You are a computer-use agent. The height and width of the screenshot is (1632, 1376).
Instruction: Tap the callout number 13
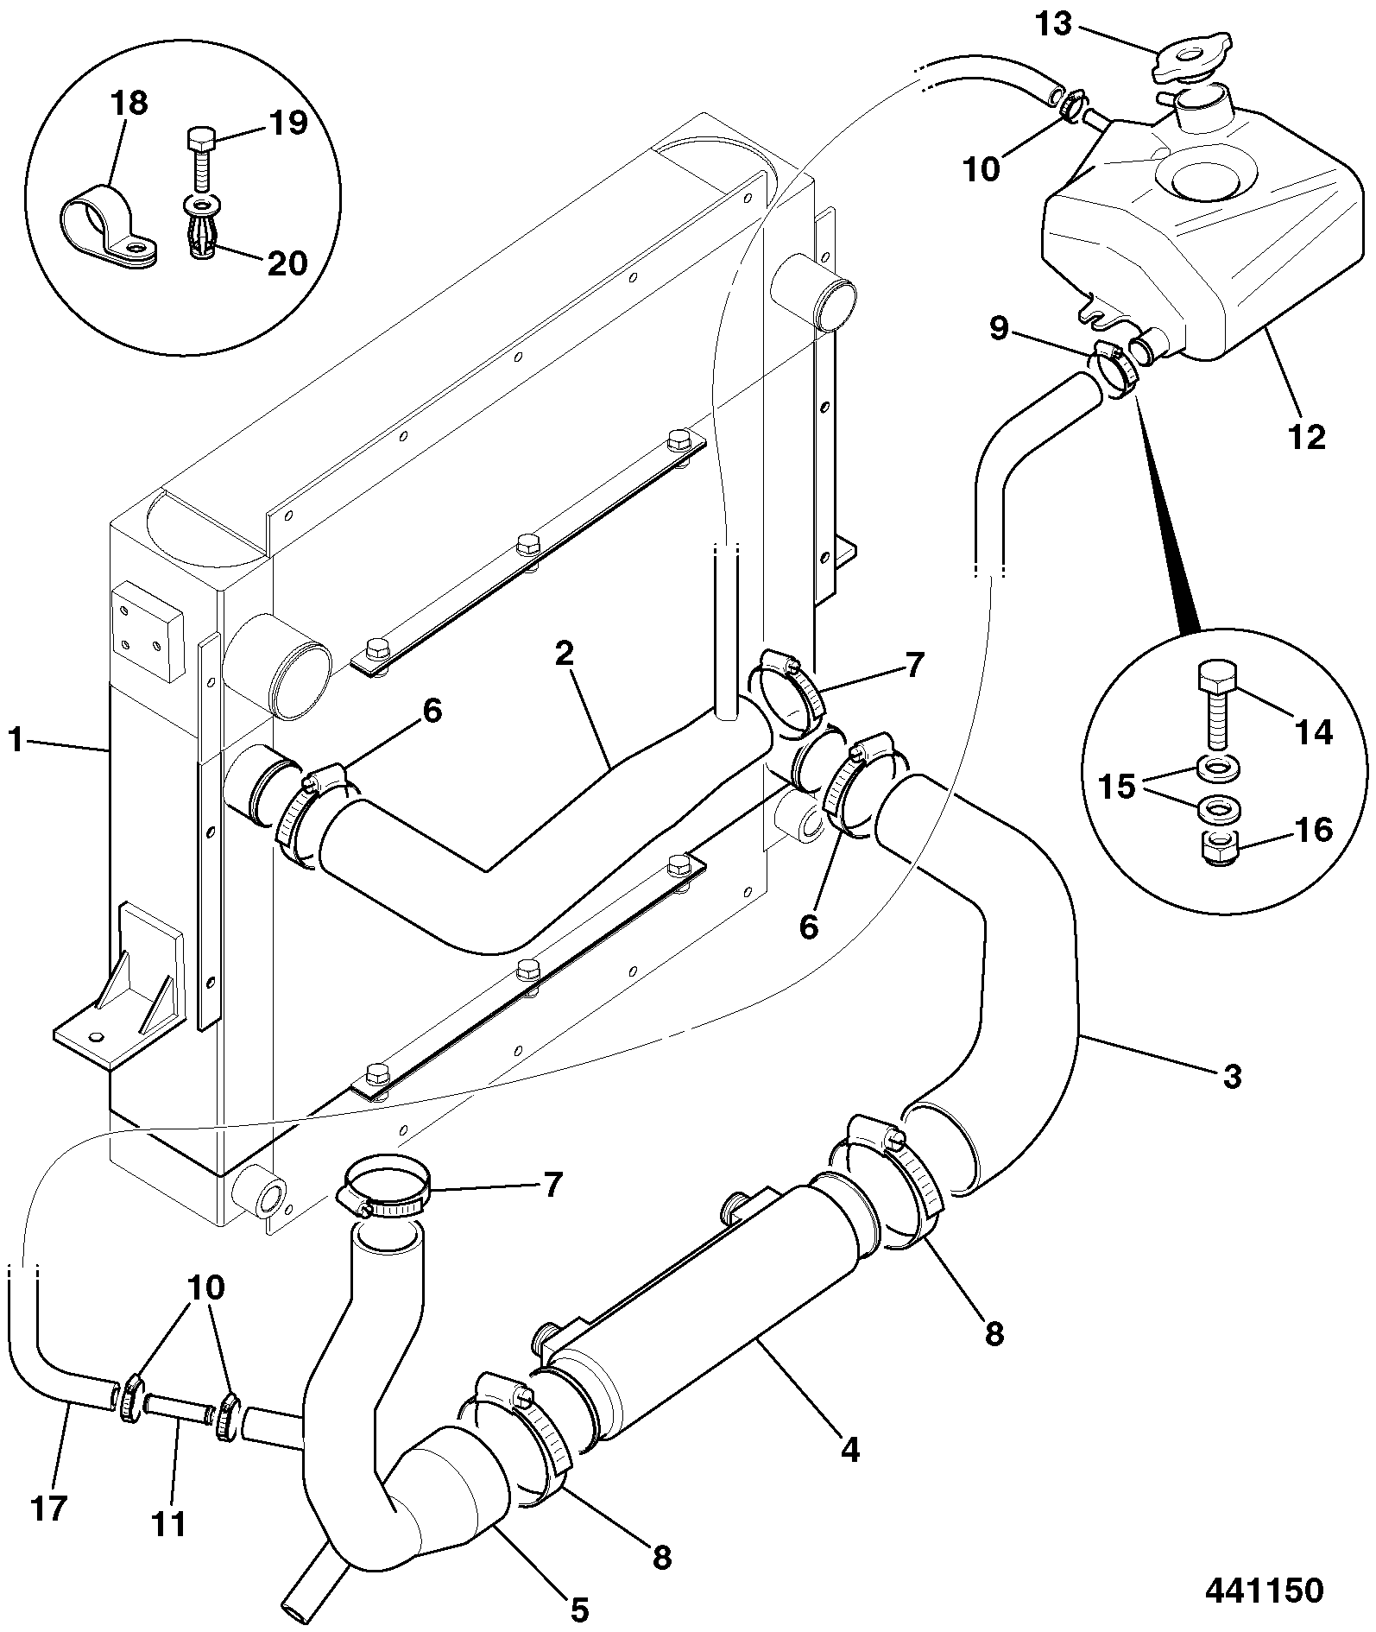pyautogui.click(x=1054, y=25)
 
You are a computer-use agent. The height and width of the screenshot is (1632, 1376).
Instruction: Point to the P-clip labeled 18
pyautogui.click(x=109, y=226)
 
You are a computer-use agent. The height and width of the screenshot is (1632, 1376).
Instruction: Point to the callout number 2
pyautogui.click(x=564, y=654)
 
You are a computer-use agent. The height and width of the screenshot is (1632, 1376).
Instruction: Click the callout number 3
pyautogui.click(x=1231, y=1076)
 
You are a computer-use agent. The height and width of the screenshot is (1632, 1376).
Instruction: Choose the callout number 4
pyautogui.click(x=850, y=1450)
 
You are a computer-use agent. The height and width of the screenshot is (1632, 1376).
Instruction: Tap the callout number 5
pyautogui.click(x=578, y=1609)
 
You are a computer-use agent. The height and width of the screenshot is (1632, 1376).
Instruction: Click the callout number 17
pyautogui.click(x=48, y=1509)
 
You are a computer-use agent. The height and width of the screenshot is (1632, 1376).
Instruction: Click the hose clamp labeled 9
pyautogui.click(x=1116, y=367)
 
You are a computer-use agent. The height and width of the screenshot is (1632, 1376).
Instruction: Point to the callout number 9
pyautogui.click(x=998, y=330)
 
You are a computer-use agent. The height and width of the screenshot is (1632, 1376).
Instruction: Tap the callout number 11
pyautogui.click(x=169, y=1524)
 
